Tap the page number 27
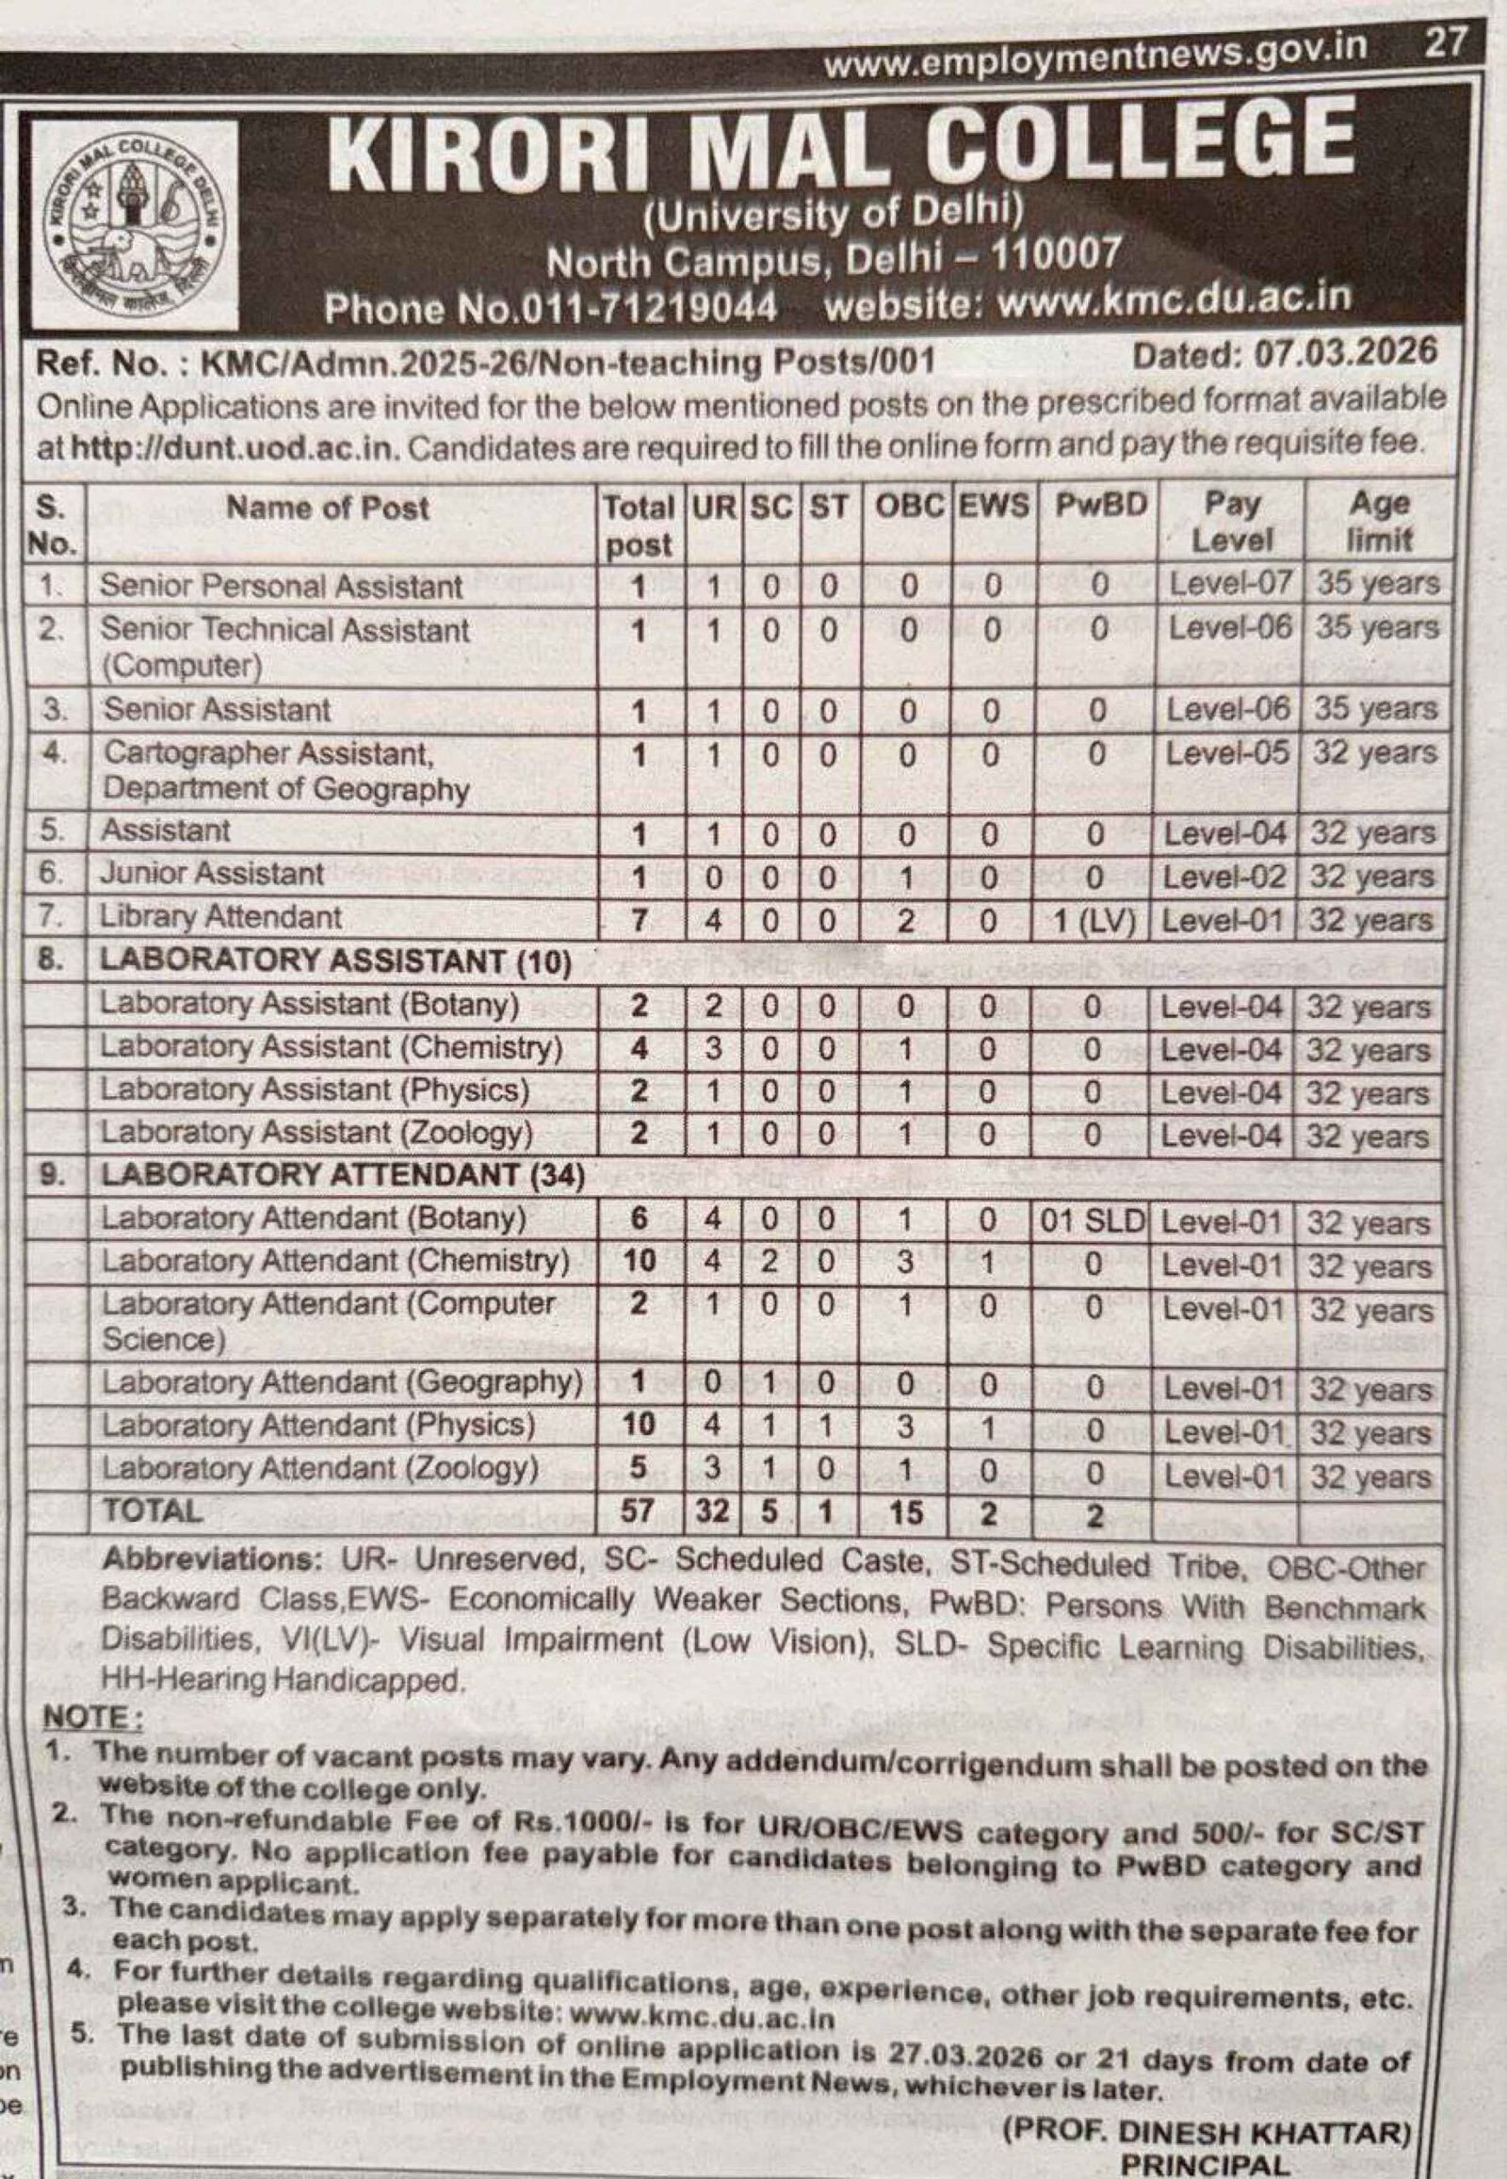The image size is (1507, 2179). (x=1444, y=43)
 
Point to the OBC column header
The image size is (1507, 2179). (x=909, y=506)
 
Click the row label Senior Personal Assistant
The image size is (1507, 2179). (x=282, y=587)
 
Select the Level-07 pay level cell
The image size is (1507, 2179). (x=1230, y=584)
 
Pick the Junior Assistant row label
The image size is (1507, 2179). (x=213, y=874)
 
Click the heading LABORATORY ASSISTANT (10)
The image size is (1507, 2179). (x=336, y=961)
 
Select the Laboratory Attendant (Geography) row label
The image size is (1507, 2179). (x=342, y=1383)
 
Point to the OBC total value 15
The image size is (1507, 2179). (x=905, y=1513)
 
